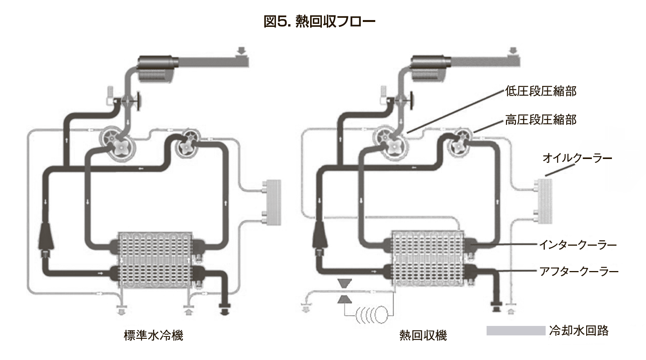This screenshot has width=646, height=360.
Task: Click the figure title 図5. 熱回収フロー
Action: pyautogui.click(x=319, y=22)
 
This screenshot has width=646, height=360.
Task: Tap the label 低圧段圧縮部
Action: pyautogui.click(x=540, y=91)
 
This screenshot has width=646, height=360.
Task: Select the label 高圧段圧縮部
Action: pyautogui.click(x=540, y=120)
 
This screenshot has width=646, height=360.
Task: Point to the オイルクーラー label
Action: pyautogui.click(x=577, y=158)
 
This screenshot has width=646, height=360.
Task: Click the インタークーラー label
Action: pyautogui.click(x=577, y=245)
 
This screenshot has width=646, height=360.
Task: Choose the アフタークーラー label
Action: pyautogui.click(x=578, y=271)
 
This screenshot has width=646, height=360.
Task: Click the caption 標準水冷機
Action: pyautogui.click(x=153, y=335)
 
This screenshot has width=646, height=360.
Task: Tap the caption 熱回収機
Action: pyautogui.click(x=423, y=335)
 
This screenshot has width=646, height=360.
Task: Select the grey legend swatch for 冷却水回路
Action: pyautogui.click(x=515, y=331)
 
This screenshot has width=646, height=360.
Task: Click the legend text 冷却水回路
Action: pyautogui.click(x=579, y=331)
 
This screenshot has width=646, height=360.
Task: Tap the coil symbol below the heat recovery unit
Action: pyautogui.click(x=372, y=314)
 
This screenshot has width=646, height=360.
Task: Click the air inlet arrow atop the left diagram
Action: pyautogui.click(x=241, y=50)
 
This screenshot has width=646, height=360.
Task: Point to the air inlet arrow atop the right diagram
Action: pyautogui.click(x=513, y=50)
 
